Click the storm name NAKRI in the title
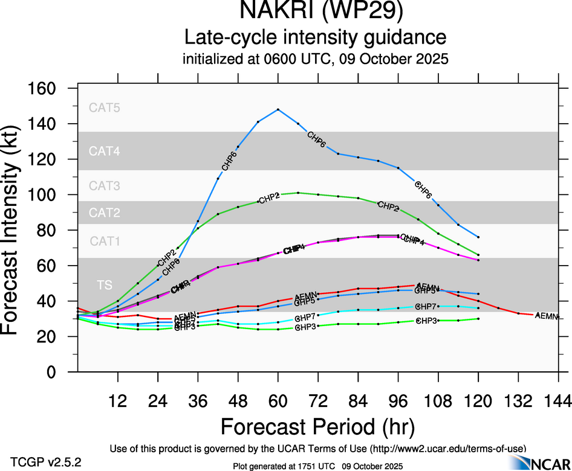pyautogui.click(x=275, y=12)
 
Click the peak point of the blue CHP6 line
pyautogui.click(x=278, y=109)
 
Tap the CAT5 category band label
pyautogui.click(x=105, y=108)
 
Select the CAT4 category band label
pyautogui.click(x=105, y=151)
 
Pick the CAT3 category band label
pyautogui.click(x=105, y=186)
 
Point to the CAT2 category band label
pyautogui.click(x=105, y=213)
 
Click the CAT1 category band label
pyautogui.click(x=105, y=242)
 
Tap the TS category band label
pyautogui.click(x=105, y=284)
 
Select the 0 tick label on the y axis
pyautogui.click(x=52, y=373)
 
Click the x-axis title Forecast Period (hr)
pyautogui.click(x=317, y=427)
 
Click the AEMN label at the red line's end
pyautogui.click(x=547, y=316)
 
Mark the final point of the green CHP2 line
pyautogui.click(x=478, y=255)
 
